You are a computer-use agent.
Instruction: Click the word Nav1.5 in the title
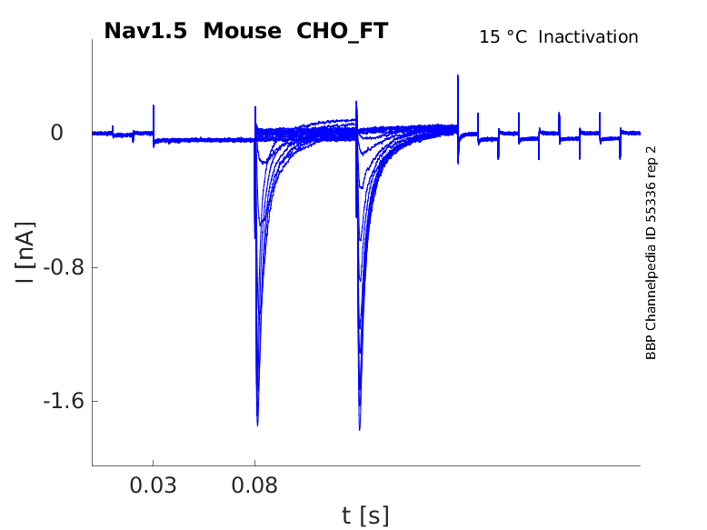pyautogui.click(x=146, y=31)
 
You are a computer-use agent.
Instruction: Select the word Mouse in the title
pyautogui.click(x=243, y=31)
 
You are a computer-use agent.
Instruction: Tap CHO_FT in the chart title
pyautogui.click(x=343, y=31)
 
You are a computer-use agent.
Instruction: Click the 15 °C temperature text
pyautogui.click(x=503, y=37)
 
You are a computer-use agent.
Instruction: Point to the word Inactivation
pyautogui.click(x=589, y=37)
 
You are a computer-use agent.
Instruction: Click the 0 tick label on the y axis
pyautogui.click(x=57, y=133)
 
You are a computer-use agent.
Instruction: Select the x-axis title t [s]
pyautogui.click(x=365, y=516)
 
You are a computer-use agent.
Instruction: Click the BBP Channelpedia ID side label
pyautogui.click(x=651, y=252)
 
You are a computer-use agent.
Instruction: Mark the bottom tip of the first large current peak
pyautogui.click(x=257, y=425)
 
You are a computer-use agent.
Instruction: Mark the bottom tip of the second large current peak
pyautogui.click(x=360, y=429)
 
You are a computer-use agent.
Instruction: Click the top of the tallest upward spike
pyautogui.click(x=458, y=75)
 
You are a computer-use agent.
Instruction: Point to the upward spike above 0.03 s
pyautogui.click(x=154, y=106)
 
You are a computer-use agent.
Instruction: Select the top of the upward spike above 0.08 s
pyautogui.click(x=255, y=107)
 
